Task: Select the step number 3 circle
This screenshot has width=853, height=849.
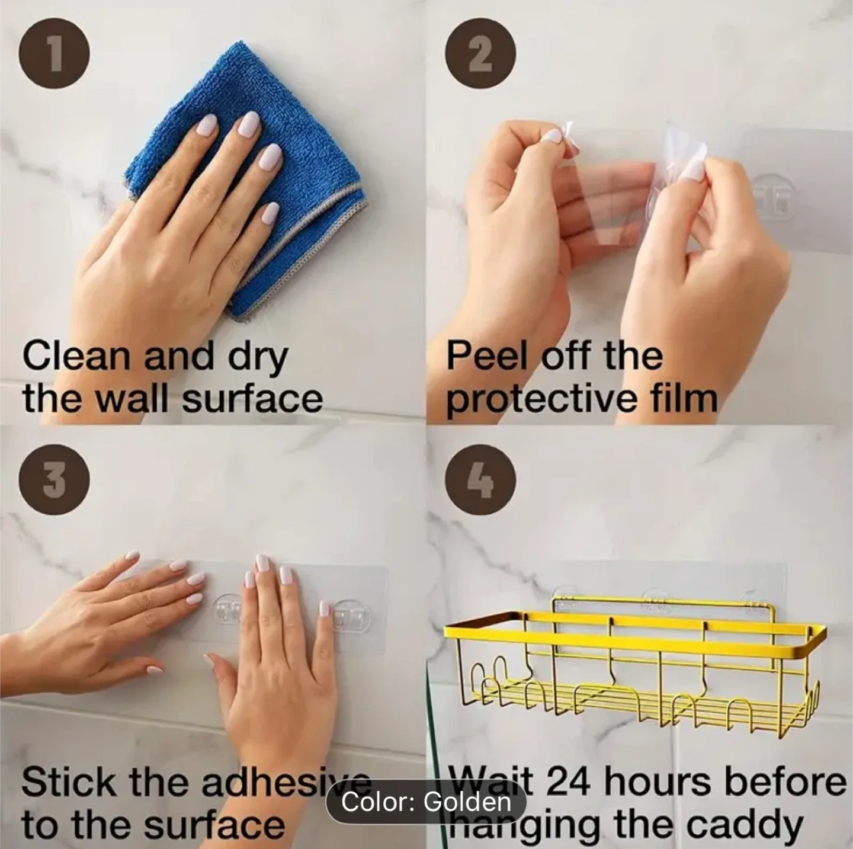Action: (x=54, y=479)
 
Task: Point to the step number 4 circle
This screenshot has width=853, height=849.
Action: (x=480, y=479)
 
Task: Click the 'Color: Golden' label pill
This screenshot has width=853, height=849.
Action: (x=426, y=802)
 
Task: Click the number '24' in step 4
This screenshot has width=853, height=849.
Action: (x=567, y=782)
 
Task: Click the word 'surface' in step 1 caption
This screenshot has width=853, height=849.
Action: (x=252, y=399)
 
